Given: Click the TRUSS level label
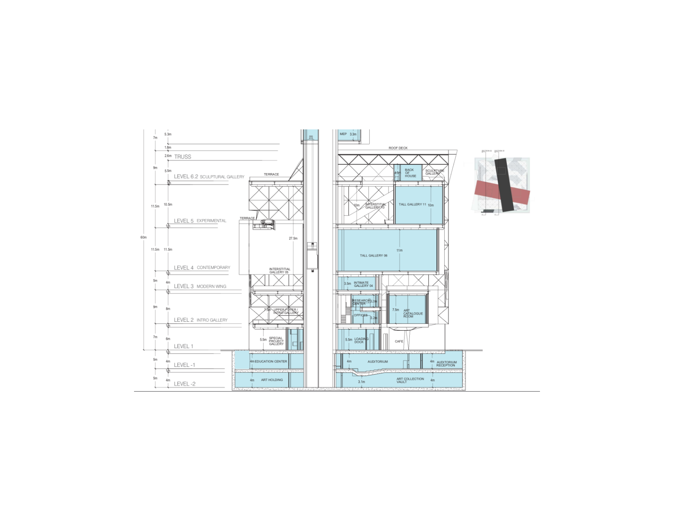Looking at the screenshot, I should [x=183, y=157].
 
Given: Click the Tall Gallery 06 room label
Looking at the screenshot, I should [x=374, y=255].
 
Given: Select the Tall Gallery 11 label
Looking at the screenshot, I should [x=412, y=204].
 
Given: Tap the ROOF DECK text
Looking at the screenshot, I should [x=398, y=148].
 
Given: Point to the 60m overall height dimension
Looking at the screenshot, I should [x=143, y=237].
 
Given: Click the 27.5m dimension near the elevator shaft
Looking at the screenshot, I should [x=293, y=238].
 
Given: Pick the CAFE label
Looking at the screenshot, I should [x=399, y=341].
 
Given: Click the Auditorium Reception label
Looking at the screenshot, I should [x=446, y=364].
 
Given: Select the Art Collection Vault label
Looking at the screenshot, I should [x=410, y=380].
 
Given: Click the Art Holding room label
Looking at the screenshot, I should [x=272, y=380].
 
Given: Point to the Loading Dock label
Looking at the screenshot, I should [x=361, y=341].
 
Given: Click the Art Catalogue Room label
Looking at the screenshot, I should [x=413, y=313].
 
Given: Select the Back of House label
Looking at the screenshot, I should [x=410, y=173].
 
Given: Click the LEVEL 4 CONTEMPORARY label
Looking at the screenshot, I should [x=202, y=268].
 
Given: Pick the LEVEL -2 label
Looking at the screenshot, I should [x=185, y=384].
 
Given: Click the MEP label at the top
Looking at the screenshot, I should [x=343, y=134].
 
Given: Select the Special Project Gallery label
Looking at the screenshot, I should [x=276, y=341].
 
